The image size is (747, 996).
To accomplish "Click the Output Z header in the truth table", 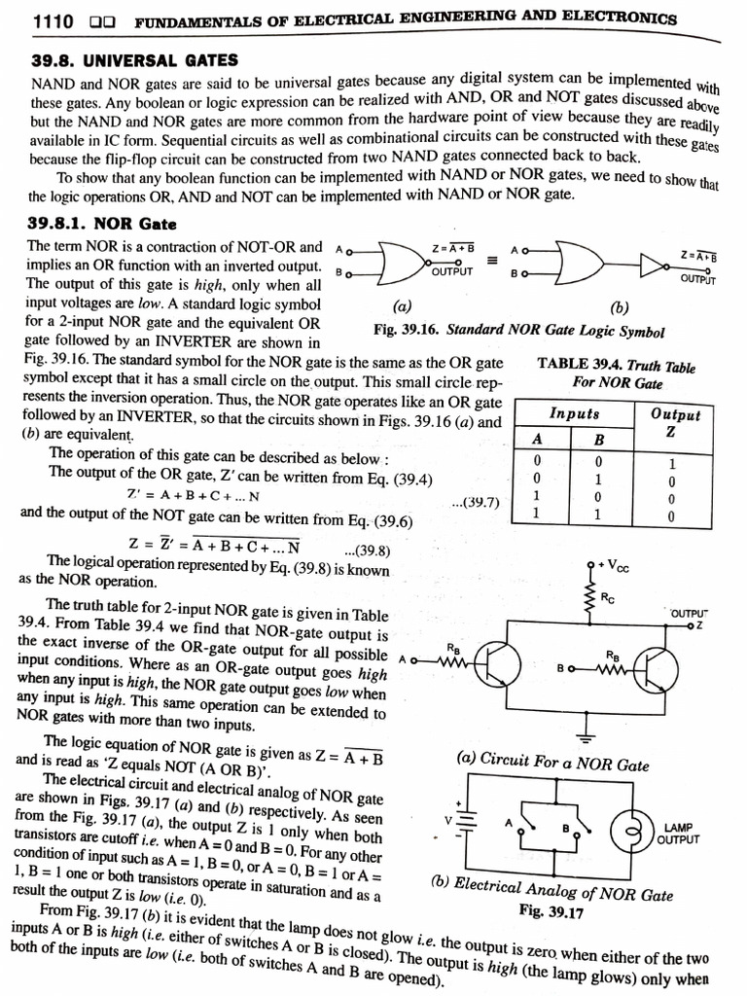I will [x=675, y=420].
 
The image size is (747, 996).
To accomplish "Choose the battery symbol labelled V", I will [x=464, y=822].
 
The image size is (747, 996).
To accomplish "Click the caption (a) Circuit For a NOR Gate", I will [x=552, y=764].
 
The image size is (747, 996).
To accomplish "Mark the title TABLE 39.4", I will [x=616, y=367].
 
